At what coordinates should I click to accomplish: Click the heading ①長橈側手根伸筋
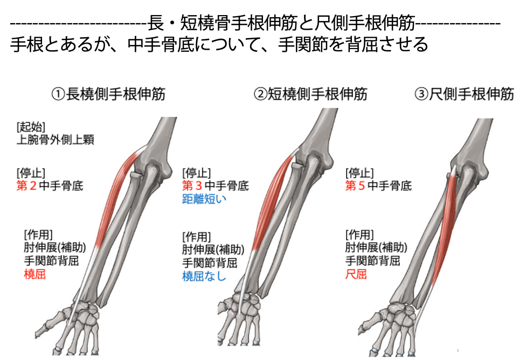coord(108,95)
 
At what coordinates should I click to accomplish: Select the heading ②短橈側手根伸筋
coord(311,95)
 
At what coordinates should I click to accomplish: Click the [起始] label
coord(31,127)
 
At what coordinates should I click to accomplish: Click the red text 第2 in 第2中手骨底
coord(28,186)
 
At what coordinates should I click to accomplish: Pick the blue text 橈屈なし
coord(205,277)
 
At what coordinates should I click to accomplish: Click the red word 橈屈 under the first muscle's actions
coord(34,274)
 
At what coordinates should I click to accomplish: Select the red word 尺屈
coord(356,274)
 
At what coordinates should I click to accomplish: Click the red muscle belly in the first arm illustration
coord(114,199)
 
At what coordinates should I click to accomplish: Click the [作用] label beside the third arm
coord(359,234)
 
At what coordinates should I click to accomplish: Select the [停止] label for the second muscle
coord(196,173)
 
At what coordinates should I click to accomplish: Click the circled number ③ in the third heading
coord(421,95)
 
